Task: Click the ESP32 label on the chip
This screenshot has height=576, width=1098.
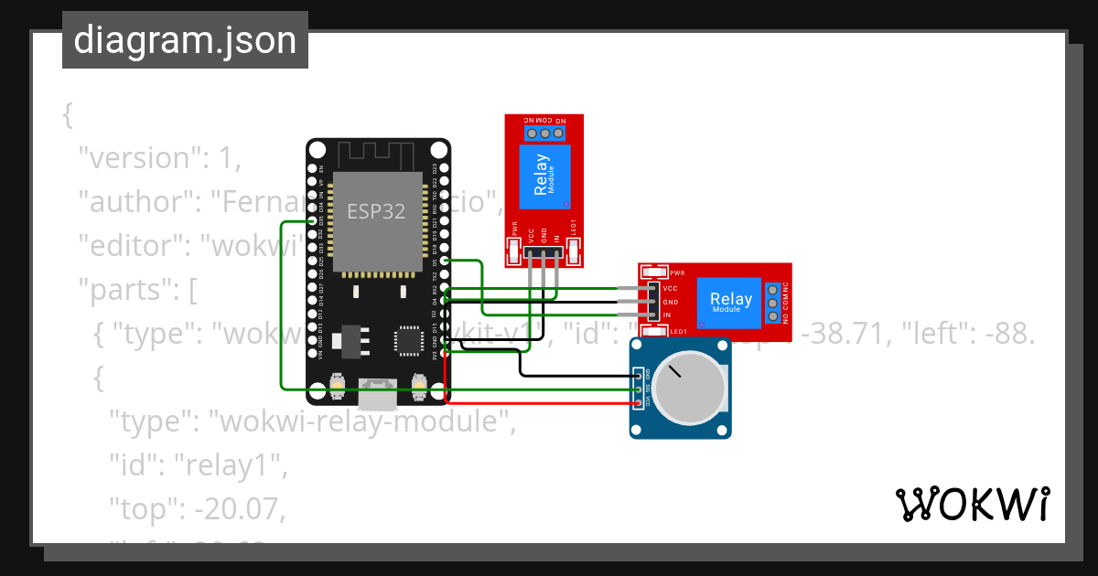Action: click(x=376, y=211)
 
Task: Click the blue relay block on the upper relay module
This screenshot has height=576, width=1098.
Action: click(x=545, y=176)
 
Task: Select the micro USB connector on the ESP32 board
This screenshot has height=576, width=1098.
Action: click(x=377, y=395)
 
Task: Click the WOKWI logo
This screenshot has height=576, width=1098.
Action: click(x=972, y=504)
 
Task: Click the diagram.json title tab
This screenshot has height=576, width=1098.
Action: click(x=185, y=40)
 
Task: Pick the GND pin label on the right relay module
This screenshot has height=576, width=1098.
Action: click(x=670, y=303)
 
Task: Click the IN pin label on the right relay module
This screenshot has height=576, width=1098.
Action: click(x=667, y=315)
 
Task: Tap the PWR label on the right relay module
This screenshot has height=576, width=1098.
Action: click(x=677, y=272)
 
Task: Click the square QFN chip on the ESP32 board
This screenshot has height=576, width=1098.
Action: click(x=406, y=338)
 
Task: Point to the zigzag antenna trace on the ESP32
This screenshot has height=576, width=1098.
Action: click(x=377, y=153)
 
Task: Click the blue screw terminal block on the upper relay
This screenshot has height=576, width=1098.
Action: click(x=545, y=133)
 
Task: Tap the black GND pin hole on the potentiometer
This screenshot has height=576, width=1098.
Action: click(x=638, y=373)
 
